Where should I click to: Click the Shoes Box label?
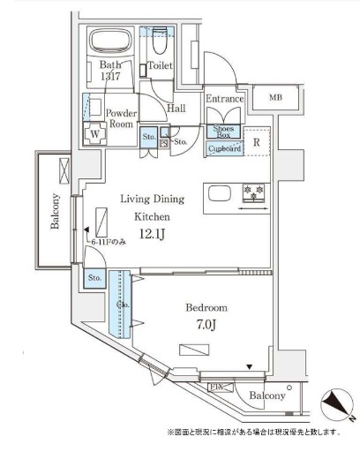222,132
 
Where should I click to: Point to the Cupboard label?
223,149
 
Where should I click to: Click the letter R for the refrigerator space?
256,141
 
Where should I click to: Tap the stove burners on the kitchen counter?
255,192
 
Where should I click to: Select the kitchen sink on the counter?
217,193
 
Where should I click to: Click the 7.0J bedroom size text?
207,326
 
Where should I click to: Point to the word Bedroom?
206,308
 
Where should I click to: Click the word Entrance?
224,99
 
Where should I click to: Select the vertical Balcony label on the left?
55,211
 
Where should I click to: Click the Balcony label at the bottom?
266,396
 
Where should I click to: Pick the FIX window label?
214,387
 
